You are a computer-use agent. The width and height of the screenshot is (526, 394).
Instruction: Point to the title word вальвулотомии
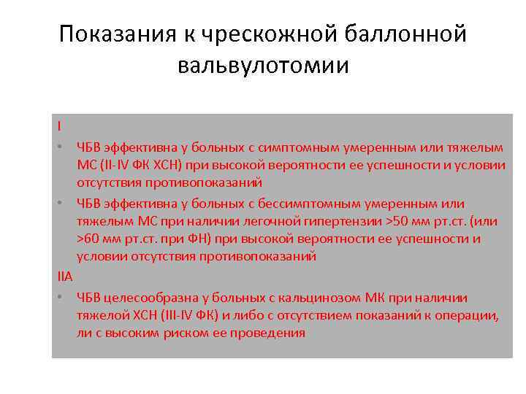263,66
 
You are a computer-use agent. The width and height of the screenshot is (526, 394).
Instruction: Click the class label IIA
64,277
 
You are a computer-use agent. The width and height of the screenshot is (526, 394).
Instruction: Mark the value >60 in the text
91,239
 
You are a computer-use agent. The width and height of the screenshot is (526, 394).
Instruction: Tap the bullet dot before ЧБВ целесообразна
58,297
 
